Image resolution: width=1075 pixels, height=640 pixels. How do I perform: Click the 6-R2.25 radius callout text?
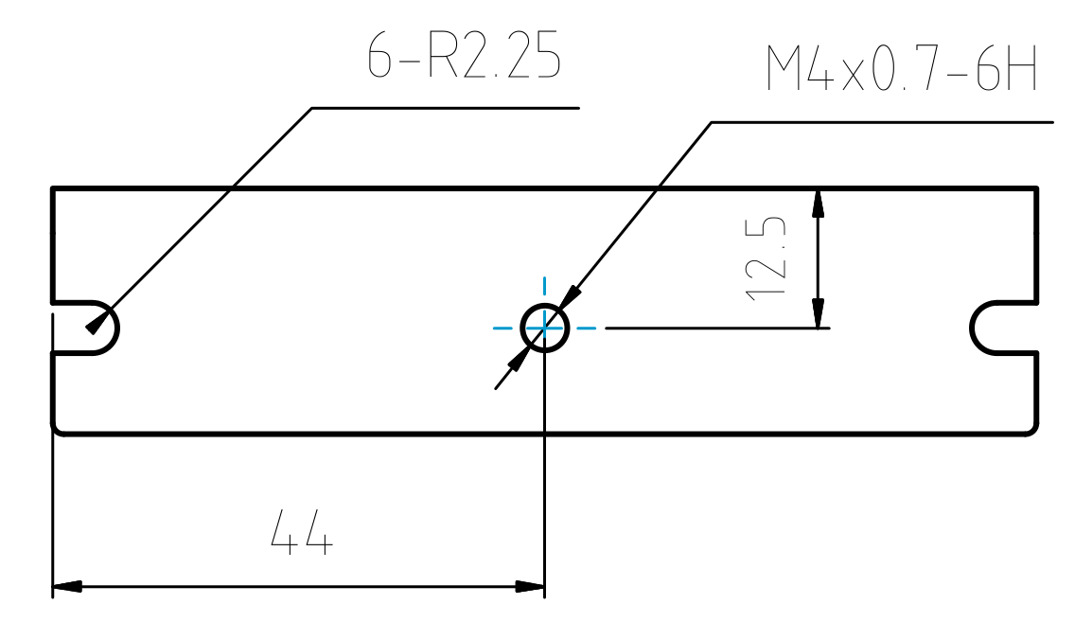point(464,56)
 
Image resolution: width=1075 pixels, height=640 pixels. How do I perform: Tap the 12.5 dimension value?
point(767,258)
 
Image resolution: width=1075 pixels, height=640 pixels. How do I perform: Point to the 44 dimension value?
point(302,532)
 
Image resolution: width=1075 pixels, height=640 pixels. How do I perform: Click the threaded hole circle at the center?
point(544,328)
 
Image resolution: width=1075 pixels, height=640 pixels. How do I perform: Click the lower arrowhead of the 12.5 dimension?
point(819,313)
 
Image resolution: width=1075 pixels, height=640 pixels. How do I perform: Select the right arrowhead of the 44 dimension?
point(530,587)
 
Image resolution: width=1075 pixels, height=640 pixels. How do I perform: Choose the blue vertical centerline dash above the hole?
point(544,286)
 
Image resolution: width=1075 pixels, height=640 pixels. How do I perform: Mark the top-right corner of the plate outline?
point(1037,188)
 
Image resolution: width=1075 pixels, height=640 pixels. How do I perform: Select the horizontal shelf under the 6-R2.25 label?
point(445,108)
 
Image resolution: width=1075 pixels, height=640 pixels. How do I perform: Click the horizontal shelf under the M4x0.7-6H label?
point(880,122)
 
